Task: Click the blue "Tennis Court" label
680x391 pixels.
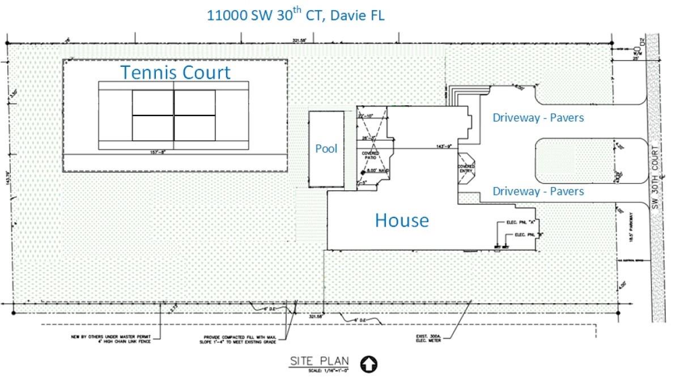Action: tap(175, 73)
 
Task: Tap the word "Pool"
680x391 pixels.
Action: tap(326, 148)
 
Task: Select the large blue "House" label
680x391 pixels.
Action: tap(402, 220)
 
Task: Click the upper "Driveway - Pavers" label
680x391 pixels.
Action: tap(538, 118)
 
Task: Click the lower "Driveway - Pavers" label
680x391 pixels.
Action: tap(538, 192)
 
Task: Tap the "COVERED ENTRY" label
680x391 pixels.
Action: tap(466, 169)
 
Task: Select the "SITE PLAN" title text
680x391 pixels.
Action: tap(320, 361)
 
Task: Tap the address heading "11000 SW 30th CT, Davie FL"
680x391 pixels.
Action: tap(295, 15)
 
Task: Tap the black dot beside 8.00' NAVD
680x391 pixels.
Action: tap(363, 172)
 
